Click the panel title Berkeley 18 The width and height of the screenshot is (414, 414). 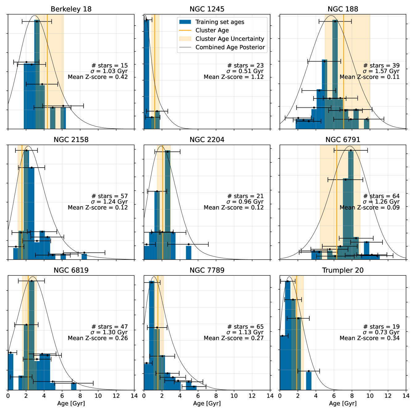(x=71, y=9)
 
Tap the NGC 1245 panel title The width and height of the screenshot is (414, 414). (x=207, y=9)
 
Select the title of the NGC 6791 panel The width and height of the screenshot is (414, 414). (x=343, y=140)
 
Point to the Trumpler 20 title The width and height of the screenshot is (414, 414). (x=343, y=270)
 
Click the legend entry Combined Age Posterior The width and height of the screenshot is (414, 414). (x=230, y=47)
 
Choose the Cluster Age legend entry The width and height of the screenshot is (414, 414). (x=212, y=30)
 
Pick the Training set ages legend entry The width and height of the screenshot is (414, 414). (x=220, y=22)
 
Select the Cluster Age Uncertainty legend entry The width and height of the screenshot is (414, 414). (x=230, y=39)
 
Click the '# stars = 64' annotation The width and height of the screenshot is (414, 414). (x=381, y=196)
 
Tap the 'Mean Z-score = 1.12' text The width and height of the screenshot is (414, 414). (x=234, y=77)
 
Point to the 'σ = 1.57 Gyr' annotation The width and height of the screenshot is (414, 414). (x=381, y=71)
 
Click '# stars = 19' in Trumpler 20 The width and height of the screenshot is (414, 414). (x=381, y=327)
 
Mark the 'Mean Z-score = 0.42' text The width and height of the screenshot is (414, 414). (x=98, y=77)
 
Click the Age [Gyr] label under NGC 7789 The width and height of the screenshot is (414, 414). (x=207, y=403)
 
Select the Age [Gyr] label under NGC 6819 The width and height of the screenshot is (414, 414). (x=71, y=403)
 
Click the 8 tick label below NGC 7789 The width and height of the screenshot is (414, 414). (x=216, y=395)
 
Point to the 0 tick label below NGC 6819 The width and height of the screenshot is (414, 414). (x=8, y=395)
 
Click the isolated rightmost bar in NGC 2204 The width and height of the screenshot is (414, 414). (x=189, y=253)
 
